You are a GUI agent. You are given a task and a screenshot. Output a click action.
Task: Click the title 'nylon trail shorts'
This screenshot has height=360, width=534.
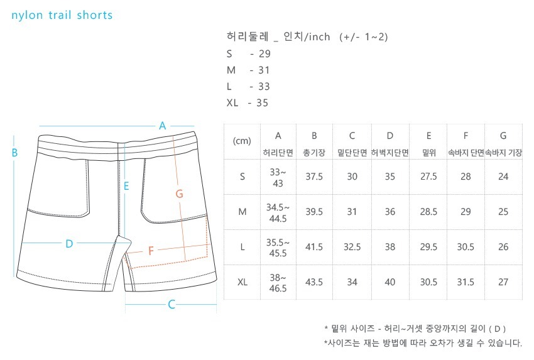(62, 15)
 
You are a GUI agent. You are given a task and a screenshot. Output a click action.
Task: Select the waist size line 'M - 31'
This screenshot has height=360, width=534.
(248, 70)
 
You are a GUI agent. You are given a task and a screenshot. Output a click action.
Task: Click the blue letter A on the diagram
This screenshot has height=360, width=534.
(162, 125)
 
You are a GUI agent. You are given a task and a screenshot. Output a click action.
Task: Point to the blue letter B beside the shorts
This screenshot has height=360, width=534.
(14, 152)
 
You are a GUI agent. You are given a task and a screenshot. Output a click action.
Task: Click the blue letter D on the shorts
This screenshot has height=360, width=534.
(69, 243)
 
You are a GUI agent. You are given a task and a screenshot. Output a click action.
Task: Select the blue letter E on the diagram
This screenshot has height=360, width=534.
(126, 186)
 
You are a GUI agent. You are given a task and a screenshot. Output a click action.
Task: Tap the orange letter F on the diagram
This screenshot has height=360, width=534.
(151, 251)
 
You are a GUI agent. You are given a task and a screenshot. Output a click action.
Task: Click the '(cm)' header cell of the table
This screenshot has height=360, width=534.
(242, 141)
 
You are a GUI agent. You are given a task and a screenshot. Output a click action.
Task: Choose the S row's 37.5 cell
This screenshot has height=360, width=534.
(314, 177)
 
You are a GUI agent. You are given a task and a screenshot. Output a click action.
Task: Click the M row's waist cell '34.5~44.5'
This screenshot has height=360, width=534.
(278, 212)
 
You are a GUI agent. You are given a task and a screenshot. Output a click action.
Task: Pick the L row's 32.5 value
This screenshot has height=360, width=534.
(352, 247)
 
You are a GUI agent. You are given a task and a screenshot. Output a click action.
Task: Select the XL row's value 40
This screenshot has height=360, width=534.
(390, 282)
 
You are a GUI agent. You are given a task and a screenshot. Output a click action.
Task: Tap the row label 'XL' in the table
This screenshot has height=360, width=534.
(242, 282)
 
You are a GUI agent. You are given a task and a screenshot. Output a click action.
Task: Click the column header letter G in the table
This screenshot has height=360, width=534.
(503, 136)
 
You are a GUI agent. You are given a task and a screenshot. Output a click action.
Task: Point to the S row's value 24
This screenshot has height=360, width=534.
(503, 177)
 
